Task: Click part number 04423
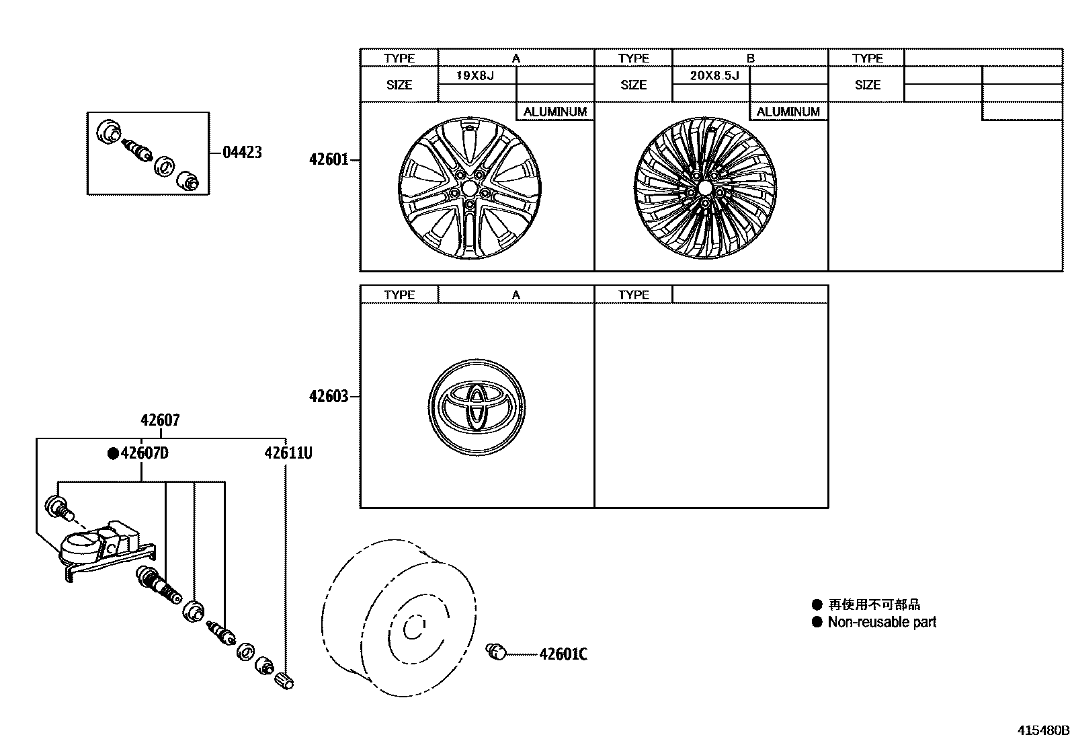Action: (242, 153)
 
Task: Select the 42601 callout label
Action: (329, 160)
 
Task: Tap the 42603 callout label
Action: (329, 397)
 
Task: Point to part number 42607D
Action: (145, 453)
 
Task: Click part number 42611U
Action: (288, 453)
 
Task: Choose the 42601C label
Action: (563, 654)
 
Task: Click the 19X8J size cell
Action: (476, 75)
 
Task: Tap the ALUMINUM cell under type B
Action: (788, 112)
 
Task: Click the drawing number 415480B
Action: (1042, 730)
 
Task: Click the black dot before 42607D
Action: (114, 453)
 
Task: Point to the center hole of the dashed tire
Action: (411, 628)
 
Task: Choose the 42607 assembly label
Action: (160, 420)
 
